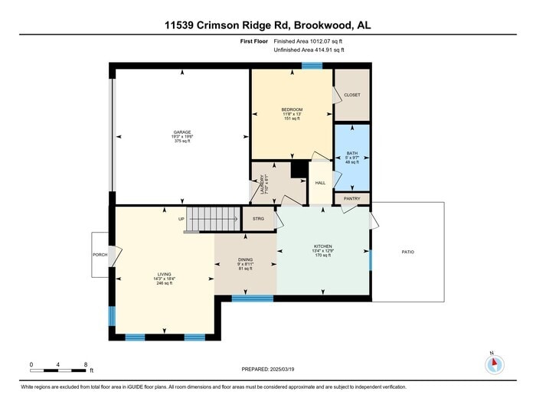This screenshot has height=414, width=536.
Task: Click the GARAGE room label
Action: pyautogui.click(x=182, y=132)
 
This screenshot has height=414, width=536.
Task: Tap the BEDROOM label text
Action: pyautogui.click(x=292, y=109)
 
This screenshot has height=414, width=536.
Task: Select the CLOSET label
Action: pyautogui.click(x=351, y=95)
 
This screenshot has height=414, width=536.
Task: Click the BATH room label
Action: pyautogui.click(x=351, y=153)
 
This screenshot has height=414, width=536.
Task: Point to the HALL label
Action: pyautogui.click(x=320, y=183)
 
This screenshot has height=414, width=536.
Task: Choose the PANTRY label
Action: pyautogui.click(x=351, y=199)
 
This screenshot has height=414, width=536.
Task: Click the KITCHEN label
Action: pyautogui.click(x=322, y=246)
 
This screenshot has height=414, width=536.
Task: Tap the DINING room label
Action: pyautogui.click(x=245, y=259)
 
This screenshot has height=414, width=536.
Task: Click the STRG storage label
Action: pyautogui.click(x=259, y=219)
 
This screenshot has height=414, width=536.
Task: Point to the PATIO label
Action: pyautogui.click(x=408, y=251)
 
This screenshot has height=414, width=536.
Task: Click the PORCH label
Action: pyautogui.click(x=100, y=255)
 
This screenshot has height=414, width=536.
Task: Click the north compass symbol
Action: pyautogui.click(x=495, y=363)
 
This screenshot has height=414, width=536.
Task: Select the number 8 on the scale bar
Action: pyautogui.click(x=86, y=363)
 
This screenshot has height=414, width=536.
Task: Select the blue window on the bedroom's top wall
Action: pyautogui.click(x=311, y=67)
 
